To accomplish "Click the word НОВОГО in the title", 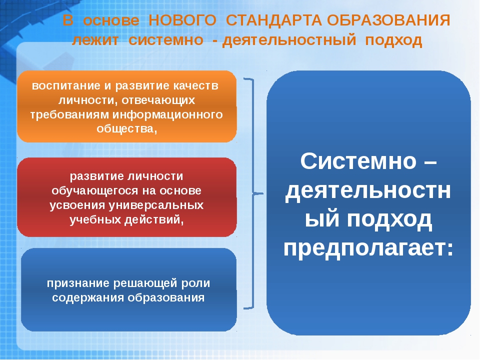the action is coord(182,21).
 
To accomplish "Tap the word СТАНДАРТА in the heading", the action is coord(273,21).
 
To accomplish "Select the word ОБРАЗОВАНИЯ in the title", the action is coord(388,21).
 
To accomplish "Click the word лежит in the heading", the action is coord(95,40).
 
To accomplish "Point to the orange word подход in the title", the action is coord(393,40).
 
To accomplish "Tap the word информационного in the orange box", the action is coord(167,115).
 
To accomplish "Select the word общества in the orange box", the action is coord(125,129).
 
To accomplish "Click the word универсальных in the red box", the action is coord(156,205).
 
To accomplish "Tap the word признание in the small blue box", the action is coord(78,283).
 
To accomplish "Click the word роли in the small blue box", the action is coord(194,283).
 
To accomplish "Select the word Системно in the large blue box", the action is coord(358,161).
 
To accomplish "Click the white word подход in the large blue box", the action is coord(389,219).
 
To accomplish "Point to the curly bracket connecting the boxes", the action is coord(254,193).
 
